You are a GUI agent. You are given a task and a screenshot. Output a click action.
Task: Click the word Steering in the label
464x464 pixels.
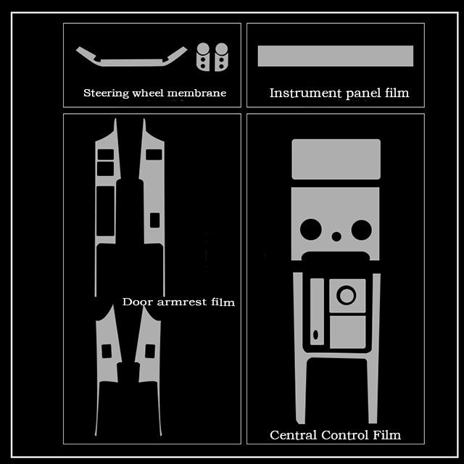click(106, 93)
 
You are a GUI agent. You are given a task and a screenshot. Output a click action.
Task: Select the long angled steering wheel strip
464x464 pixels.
click(131, 60)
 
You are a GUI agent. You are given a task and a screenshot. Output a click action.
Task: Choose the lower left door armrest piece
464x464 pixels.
click(107, 370)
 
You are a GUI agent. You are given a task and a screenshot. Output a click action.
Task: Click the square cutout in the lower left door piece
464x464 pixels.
click(107, 350)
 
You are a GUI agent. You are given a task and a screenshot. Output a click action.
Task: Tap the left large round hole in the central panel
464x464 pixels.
click(312, 229)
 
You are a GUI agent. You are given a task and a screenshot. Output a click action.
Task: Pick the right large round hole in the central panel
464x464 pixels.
click(360, 229)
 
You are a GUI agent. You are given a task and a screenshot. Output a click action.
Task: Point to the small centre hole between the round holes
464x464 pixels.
click(336, 236)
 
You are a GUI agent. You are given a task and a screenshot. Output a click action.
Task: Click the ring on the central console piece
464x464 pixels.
click(347, 295)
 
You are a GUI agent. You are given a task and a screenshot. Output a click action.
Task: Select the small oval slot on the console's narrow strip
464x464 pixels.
click(316, 336)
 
